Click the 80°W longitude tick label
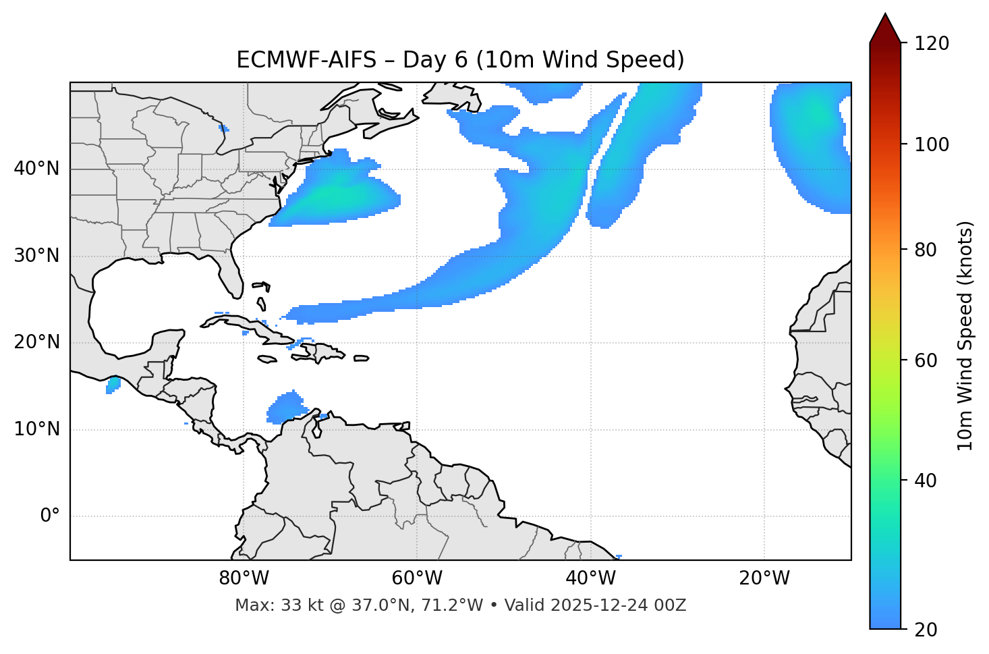(x=244, y=578)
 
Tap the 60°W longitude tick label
(x=416, y=578)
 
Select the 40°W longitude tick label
(x=590, y=578)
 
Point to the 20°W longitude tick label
(x=764, y=578)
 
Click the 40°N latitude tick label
(x=36, y=168)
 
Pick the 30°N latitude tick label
(x=36, y=256)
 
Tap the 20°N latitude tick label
(x=36, y=342)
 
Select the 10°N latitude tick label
(x=36, y=429)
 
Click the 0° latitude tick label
(x=50, y=516)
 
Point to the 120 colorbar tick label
(x=932, y=44)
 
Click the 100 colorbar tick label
(x=932, y=144)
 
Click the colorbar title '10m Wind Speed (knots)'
(x=965, y=335)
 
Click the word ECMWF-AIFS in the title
(x=306, y=60)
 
